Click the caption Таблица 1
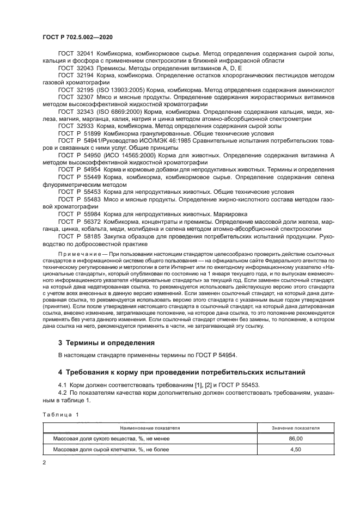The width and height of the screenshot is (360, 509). click(x=60, y=415)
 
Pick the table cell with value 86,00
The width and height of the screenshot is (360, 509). click(x=296, y=439)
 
